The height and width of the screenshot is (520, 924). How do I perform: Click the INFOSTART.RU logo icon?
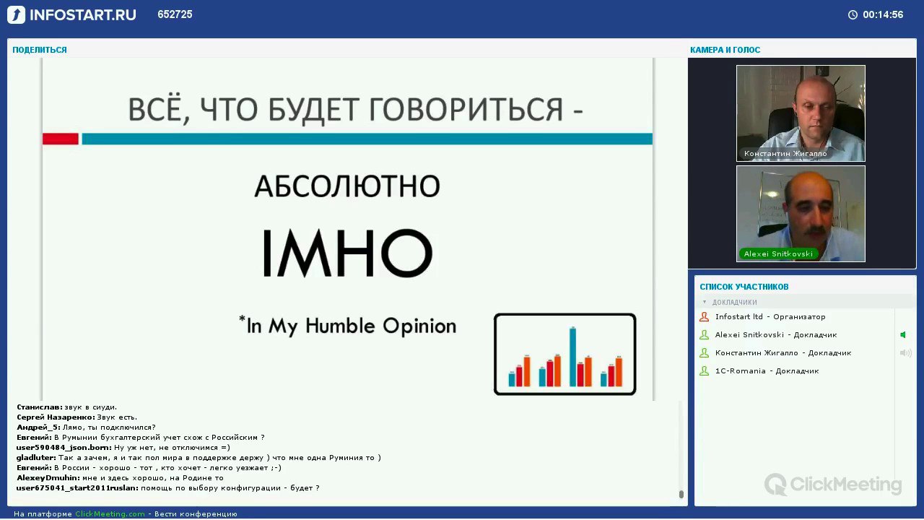(x=16, y=15)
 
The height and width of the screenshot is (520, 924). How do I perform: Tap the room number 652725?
(x=175, y=14)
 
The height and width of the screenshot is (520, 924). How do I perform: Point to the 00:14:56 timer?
(x=883, y=15)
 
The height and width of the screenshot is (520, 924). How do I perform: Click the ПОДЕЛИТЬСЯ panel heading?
(x=40, y=50)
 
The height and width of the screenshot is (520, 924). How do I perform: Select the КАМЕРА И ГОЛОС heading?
(x=725, y=50)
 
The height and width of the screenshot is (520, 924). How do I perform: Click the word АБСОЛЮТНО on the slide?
(x=347, y=186)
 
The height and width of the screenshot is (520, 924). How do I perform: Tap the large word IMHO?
(x=347, y=253)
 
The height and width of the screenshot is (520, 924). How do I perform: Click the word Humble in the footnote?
(x=340, y=326)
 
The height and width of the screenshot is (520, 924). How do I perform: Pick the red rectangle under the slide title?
(x=60, y=139)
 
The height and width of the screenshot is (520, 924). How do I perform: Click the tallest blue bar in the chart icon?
(x=572, y=357)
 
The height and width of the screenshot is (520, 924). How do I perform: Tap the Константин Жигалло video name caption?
(x=785, y=154)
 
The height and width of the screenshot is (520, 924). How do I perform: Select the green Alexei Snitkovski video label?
(x=778, y=253)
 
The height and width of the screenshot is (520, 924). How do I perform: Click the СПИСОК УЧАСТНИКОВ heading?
(x=744, y=287)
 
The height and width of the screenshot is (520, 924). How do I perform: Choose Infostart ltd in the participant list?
(x=738, y=316)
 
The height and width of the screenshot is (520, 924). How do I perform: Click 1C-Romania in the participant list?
(x=741, y=371)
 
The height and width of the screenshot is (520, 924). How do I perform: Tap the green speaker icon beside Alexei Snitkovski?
(x=903, y=334)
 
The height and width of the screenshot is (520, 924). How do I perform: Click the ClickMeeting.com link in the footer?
(x=110, y=513)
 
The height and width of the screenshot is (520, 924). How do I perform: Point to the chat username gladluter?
(x=36, y=458)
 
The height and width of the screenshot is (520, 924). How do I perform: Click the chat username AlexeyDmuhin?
(x=48, y=478)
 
